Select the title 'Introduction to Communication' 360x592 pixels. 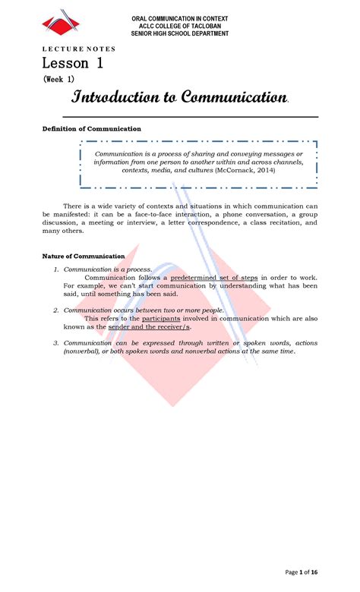(x=180, y=97)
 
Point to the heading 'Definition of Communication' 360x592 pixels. (x=91, y=129)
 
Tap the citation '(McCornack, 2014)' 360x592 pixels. (x=245, y=172)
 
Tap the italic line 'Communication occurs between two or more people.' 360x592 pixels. (x=144, y=310)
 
